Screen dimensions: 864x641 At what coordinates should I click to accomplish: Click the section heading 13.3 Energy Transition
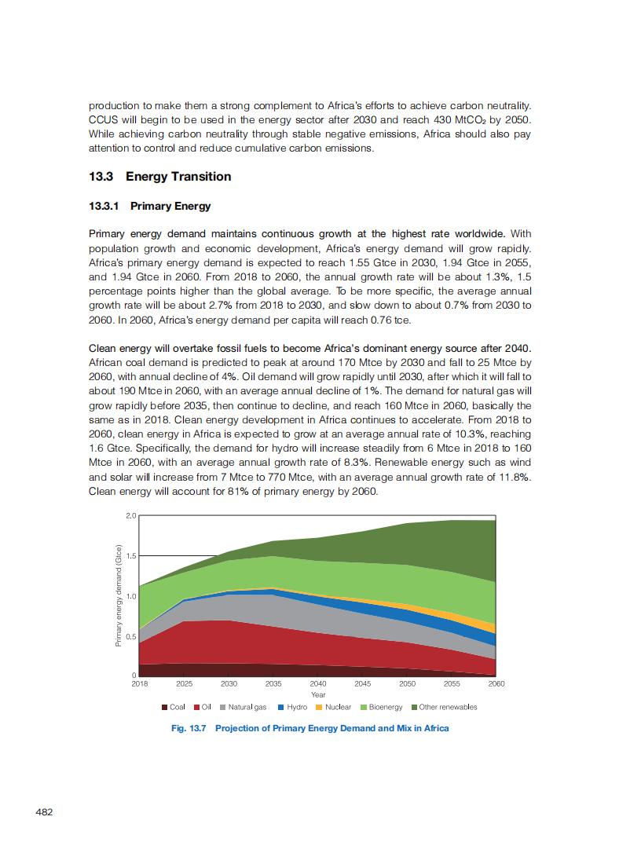[160, 177]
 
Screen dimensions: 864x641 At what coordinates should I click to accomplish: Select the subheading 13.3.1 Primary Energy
[150, 207]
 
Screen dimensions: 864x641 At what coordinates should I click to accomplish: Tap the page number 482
[45, 811]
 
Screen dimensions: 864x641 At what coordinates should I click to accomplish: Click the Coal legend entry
[174, 707]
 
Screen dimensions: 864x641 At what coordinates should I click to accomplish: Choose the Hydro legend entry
[292, 707]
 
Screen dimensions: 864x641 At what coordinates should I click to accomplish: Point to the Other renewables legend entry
[444, 707]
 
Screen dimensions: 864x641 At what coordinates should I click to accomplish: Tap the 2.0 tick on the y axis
[131, 515]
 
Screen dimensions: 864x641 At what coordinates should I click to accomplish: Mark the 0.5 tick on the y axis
[131, 636]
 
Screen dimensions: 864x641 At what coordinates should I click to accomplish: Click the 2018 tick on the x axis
[139, 684]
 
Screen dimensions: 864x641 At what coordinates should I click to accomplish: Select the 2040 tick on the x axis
[317, 684]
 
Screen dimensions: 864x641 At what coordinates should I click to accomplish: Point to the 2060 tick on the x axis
[496, 684]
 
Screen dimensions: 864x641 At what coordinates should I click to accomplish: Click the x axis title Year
[318, 694]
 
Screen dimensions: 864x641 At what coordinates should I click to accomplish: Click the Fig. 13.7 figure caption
[310, 728]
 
